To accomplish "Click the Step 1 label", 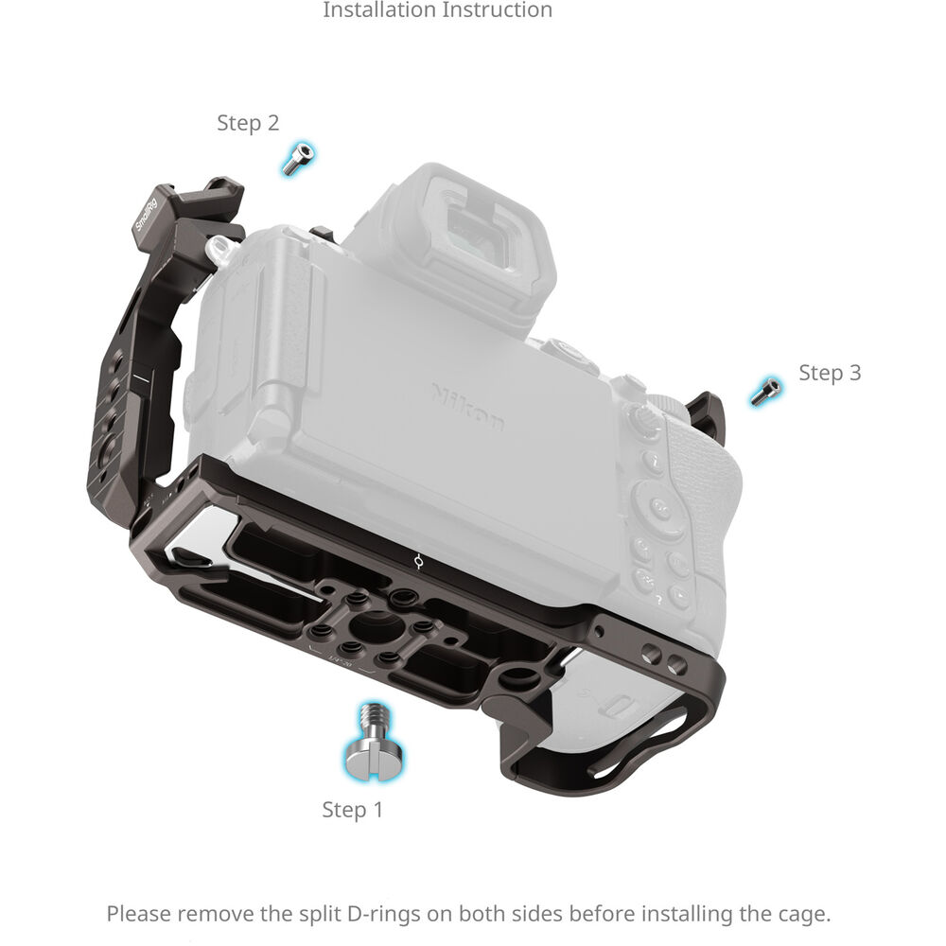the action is pos(352,809).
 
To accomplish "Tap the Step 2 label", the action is pos(248,122).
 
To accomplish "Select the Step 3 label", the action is pos(830,373).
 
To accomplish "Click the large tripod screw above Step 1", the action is pos(374,742).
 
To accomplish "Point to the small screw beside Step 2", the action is pos(298,159).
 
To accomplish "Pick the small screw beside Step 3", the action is pos(765,391).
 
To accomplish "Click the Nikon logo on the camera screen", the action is pos(467,406).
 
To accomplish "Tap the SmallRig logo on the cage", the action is pos(146,215).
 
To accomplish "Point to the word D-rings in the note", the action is pos(383,914).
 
